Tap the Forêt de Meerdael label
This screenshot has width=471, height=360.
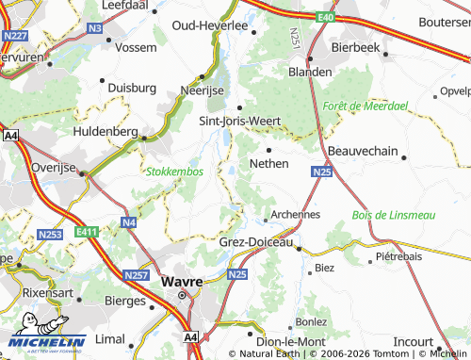click(x=364, y=106)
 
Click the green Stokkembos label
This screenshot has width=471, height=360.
click(x=174, y=172)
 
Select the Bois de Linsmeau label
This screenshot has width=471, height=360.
click(x=394, y=215)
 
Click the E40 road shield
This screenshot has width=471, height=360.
click(x=325, y=17)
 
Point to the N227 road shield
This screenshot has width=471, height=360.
click(x=13, y=37)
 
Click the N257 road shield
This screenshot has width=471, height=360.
click(x=137, y=275)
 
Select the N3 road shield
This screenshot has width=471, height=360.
click(x=93, y=28)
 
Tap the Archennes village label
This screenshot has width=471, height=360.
click(x=295, y=214)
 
